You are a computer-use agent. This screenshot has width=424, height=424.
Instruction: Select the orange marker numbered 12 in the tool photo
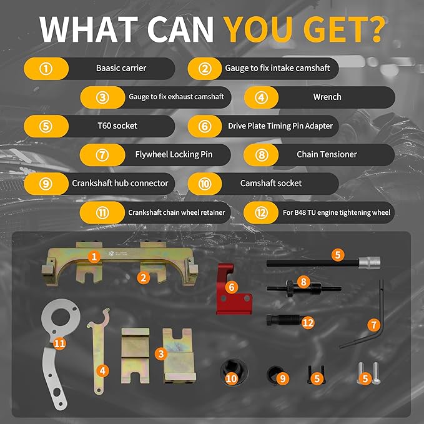308,323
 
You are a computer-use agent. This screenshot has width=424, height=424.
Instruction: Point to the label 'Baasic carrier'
121,68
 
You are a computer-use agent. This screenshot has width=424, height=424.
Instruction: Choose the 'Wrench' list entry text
327,97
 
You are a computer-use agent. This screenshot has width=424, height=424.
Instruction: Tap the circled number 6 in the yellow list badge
205,126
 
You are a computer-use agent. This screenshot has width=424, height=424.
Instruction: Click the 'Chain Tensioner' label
327,154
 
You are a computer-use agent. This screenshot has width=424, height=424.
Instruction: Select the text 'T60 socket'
117,126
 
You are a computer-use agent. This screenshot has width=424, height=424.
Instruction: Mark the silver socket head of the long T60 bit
370,262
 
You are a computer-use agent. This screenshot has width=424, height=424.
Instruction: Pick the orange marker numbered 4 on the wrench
102,371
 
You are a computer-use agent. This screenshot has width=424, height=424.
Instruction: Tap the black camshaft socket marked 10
234,373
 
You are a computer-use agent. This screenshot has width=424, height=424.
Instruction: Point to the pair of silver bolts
368,373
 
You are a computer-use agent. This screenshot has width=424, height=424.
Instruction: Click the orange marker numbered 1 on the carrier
94,257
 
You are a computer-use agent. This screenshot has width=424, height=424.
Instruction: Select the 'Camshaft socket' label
270,184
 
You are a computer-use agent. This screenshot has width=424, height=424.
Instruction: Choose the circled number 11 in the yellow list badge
102,213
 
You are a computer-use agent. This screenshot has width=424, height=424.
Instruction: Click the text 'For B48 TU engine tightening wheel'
337,212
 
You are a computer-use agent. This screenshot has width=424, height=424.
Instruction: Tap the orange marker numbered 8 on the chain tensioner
303,282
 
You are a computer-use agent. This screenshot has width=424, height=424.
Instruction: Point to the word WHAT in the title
88,29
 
